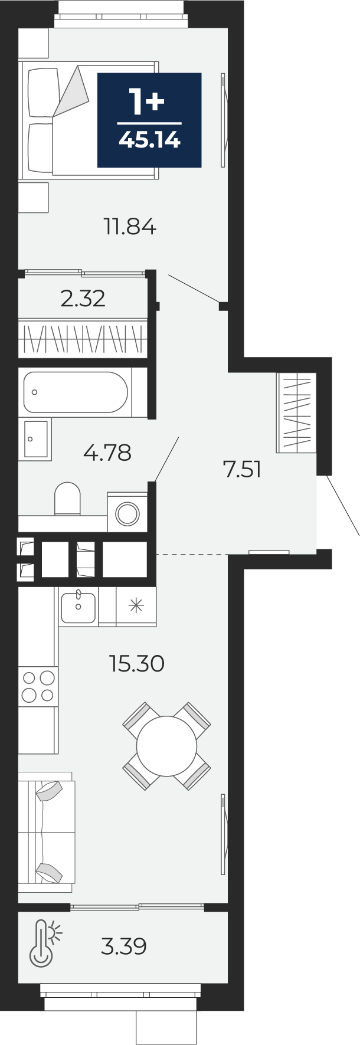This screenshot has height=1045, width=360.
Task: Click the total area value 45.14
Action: (x=149, y=140)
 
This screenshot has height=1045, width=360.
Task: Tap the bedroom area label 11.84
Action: (x=130, y=227)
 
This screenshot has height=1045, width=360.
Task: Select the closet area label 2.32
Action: (x=83, y=299)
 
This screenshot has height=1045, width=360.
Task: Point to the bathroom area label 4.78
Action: (x=107, y=453)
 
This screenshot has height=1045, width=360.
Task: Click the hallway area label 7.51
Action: (x=241, y=470)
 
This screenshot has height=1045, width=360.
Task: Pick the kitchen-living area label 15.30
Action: (x=136, y=664)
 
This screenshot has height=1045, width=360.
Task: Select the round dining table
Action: (x=166, y=746)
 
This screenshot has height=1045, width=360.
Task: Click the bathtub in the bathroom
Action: (x=75, y=392)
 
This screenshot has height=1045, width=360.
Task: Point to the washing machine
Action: (x=127, y=513)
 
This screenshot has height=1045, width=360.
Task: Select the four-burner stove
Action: (x=38, y=686)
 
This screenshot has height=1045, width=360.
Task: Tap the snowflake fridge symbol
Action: (x=136, y=606)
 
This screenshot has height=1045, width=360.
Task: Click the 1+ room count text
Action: (x=147, y=103)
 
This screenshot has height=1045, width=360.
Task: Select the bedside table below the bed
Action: (x=33, y=196)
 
